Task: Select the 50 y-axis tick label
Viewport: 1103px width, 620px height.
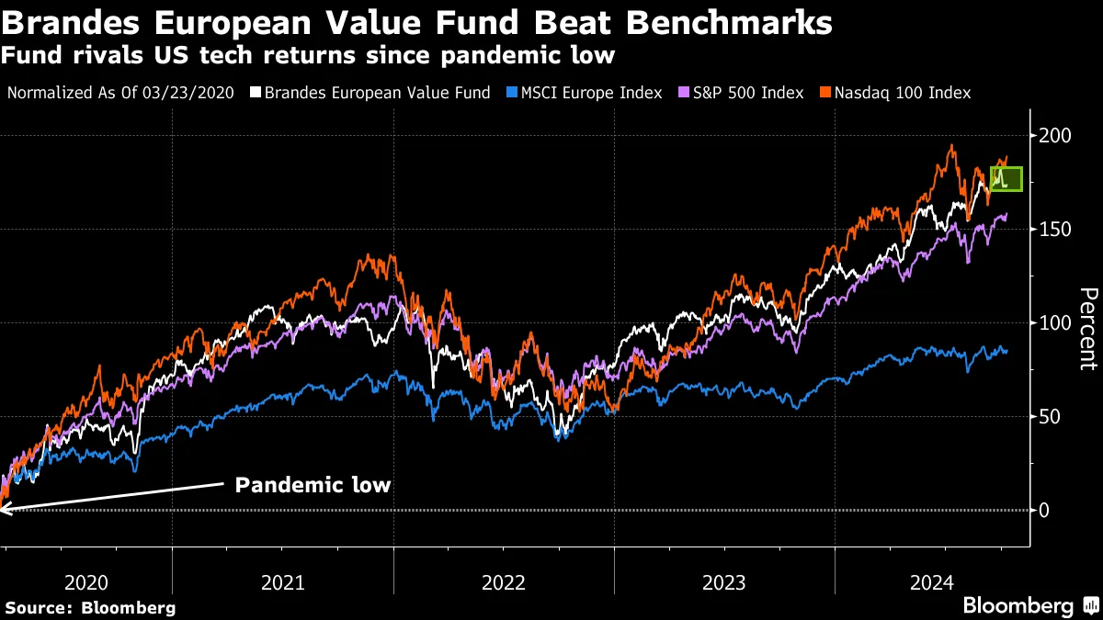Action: pos(1049,417)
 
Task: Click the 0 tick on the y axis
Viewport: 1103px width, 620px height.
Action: pos(1044,511)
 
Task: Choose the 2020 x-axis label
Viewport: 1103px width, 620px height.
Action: pos(88,582)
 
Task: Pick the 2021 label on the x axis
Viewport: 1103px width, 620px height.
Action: pos(283,582)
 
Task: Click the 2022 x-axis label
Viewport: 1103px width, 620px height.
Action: pos(504,582)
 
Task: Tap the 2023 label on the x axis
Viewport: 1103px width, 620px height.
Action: pos(724,582)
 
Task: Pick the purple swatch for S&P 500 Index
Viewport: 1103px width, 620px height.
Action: pos(683,93)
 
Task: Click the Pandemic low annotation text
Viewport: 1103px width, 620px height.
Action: pos(313,484)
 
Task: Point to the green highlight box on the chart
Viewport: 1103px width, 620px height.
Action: pos(1006,178)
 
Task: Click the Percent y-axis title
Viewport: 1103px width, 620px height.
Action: pos(1087,328)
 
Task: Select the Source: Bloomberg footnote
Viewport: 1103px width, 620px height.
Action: pos(90,607)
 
